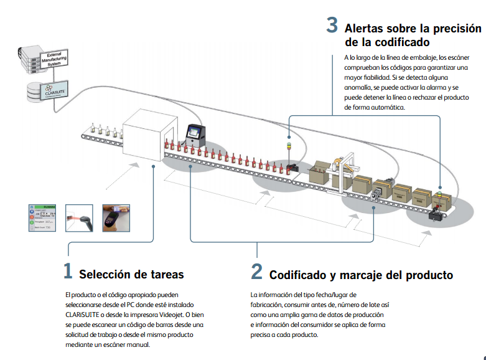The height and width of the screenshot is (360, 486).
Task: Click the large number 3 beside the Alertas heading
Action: pos(332,26)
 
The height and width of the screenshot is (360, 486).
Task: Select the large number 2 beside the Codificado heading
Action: pos(257,272)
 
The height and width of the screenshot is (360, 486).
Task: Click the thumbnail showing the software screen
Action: pos(44,218)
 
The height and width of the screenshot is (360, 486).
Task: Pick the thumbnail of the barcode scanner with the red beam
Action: pos(79,218)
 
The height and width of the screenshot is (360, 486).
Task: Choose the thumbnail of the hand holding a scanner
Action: pos(116,218)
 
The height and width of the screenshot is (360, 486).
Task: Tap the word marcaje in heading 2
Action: pos(365,275)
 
